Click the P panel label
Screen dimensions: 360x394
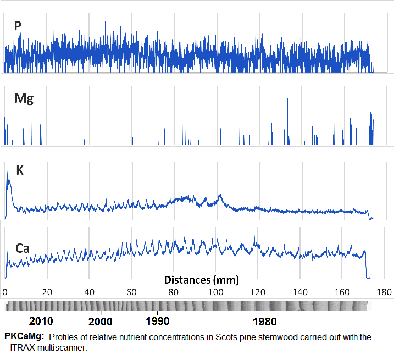(x=18, y=25)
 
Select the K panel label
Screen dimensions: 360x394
(x=20, y=170)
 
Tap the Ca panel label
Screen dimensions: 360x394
(x=22, y=248)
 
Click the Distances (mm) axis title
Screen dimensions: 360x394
(x=202, y=280)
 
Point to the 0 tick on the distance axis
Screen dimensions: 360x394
(x=5, y=291)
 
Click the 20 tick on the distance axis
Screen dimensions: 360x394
(x=48, y=291)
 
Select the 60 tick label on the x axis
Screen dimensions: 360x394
(x=132, y=291)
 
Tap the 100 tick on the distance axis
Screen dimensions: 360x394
(x=215, y=291)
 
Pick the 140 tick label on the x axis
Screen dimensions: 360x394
(x=300, y=291)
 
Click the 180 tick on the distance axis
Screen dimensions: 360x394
(x=384, y=291)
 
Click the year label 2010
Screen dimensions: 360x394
(x=41, y=321)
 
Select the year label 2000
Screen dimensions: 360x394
(x=100, y=321)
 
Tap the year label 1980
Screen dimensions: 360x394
(x=265, y=321)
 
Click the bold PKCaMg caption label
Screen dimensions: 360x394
(x=24, y=336)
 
